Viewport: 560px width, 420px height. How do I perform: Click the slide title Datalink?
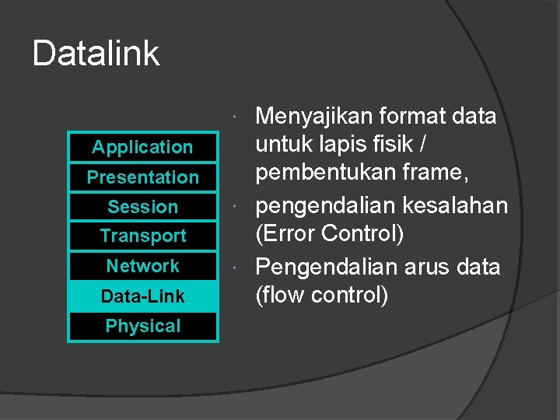coord(96,54)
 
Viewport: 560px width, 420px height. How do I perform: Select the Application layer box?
coord(142,147)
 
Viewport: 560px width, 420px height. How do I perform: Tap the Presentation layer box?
coord(142,177)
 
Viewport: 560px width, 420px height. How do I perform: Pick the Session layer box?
coord(142,207)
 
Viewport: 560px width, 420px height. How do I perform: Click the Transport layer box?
coord(142,236)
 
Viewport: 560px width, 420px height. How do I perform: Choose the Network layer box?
coord(142,266)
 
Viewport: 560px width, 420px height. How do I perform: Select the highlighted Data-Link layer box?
coord(142,296)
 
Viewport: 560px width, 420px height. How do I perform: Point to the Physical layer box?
coord(142,327)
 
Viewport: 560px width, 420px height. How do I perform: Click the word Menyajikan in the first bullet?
coord(314,117)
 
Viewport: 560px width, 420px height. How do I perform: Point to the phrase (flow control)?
coord(322,296)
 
